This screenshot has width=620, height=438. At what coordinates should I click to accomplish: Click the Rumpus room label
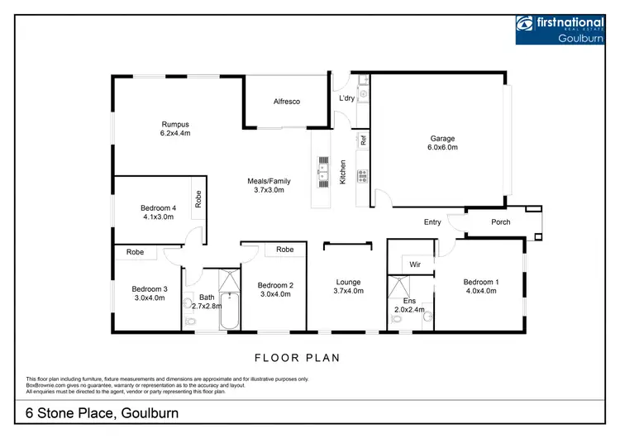click(175, 124)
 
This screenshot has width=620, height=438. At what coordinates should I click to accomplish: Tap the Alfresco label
click(287, 101)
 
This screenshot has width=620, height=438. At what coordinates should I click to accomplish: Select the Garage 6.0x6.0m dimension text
click(442, 148)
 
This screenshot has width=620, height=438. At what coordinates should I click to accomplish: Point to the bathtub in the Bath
click(228, 314)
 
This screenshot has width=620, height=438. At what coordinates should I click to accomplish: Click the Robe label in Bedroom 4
click(198, 199)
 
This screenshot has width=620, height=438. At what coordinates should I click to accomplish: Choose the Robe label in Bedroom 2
click(285, 249)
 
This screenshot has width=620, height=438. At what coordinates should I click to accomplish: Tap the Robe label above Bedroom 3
click(136, 253)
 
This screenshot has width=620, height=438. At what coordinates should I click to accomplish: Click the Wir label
click(416, 264)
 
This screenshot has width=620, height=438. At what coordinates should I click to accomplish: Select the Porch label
click(501, 221)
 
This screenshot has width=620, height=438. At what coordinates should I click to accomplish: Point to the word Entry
click(432, 221)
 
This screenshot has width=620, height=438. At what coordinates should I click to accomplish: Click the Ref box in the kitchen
click(363, 140)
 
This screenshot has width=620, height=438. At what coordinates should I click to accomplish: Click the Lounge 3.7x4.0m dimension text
click(348, 290)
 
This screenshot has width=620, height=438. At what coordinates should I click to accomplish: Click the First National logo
click(560, 29)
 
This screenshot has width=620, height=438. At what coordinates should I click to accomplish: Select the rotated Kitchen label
click(343, 171)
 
